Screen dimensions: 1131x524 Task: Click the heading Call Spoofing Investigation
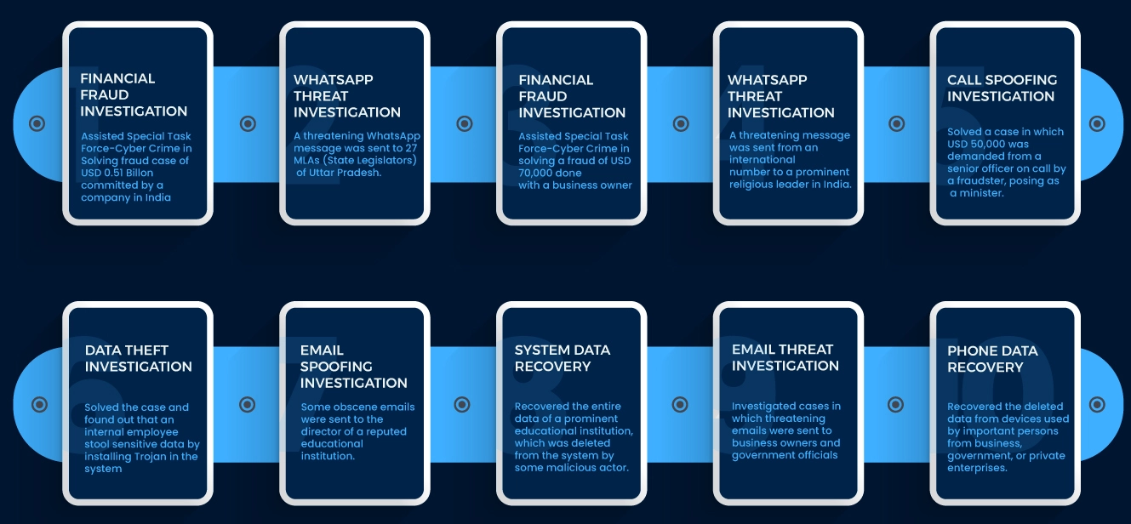click(1002, 88)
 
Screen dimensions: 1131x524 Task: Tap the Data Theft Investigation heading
click(139, 358)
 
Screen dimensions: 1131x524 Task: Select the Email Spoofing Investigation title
click(353, 367)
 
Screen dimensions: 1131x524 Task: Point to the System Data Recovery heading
click(562, 358)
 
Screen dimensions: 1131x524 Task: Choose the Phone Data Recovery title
click(992, 359)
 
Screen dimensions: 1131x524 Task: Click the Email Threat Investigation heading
click(785, 357)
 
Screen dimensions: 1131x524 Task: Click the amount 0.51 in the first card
click(113, 173)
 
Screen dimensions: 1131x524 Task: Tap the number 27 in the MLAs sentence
click(412, 148)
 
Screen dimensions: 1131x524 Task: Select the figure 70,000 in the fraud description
click(537, 173)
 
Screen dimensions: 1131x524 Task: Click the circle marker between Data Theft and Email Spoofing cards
click(247, 404)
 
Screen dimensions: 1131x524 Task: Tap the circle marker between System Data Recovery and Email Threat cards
click(680, 404)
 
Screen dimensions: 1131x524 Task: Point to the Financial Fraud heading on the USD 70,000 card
click(572, 96)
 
